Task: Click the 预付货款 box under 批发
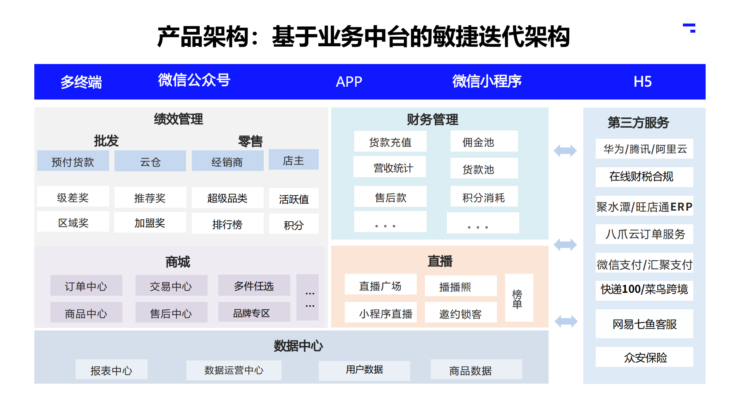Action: pos(73,161)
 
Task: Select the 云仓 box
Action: pos(150,161)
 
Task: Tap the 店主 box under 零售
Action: pos(294,160)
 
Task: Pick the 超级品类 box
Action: pos(227,198)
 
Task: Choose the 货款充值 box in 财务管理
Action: pos(390,142)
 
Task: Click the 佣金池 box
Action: pos(484,142)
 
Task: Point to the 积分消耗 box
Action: pos(484,197)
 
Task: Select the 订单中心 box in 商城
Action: pos(86,286)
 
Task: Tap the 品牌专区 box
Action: pos(254,313)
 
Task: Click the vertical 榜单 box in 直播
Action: pos(519,298)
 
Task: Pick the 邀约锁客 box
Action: pos(461,313)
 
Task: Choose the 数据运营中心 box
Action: pos(234,370)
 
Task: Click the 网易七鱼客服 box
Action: pos(644,324)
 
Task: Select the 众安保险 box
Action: pos(644,357)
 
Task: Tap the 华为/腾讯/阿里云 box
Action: pos(644,149)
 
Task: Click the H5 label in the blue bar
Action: pos(642,82)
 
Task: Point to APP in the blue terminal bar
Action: pos(349,82)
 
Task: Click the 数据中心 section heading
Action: pos(298,346)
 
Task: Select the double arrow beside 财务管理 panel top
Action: pos(565,151)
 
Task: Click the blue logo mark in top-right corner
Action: pos(690,28)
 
